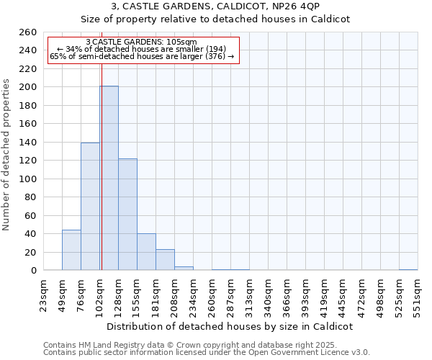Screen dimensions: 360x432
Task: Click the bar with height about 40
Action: tap(146, 252)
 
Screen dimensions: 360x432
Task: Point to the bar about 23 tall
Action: tap(165, 260)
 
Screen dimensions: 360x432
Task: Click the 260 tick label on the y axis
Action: tap(28, 32)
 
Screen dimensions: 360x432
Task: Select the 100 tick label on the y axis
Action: tap(28, 179)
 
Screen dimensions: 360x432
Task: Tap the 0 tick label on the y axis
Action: tap(34, 271)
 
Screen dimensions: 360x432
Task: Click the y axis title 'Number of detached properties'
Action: tap(7, 166)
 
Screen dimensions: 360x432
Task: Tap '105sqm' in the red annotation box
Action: tap(181, 42)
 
